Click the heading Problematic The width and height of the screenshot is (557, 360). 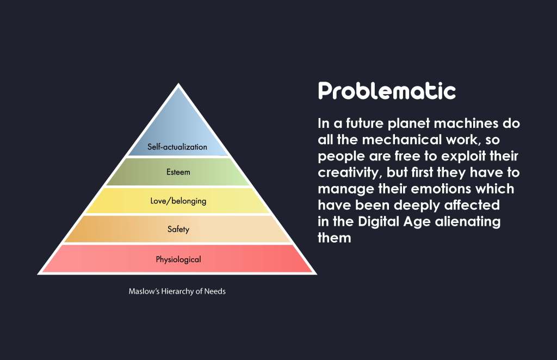click(x=387, y=90)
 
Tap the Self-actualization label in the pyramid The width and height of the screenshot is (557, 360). click(x=177, y=147)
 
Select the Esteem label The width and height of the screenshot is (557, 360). click(x=178, y=172)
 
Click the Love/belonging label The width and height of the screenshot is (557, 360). click(x=178, y=201)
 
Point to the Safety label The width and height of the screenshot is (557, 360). click(x=178, y=229)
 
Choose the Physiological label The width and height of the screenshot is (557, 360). click(x=178, y=259)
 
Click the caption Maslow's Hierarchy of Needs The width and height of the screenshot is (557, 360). click(x=177, y=291)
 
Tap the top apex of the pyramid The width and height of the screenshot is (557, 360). click(x=178, y=84)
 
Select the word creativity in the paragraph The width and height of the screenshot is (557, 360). click(x=350, y=173)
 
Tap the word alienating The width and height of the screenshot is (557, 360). click(x=468, y=222)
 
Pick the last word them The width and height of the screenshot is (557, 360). click(x=335, y=238)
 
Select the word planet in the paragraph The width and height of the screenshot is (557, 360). click(x=409, y=124)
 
